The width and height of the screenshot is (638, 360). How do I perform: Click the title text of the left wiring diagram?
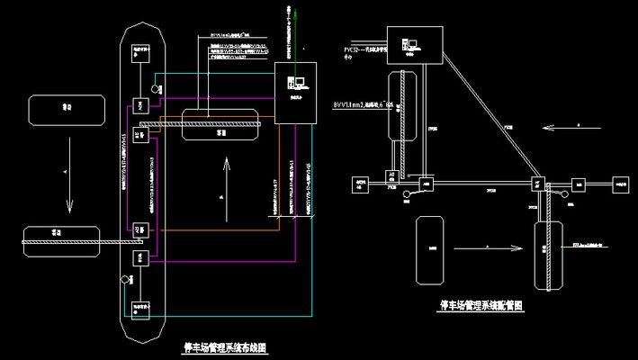225,346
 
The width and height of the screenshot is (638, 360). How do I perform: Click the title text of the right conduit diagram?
481,306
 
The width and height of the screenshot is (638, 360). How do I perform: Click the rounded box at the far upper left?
58,110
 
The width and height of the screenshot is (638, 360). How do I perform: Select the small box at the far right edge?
621,184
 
